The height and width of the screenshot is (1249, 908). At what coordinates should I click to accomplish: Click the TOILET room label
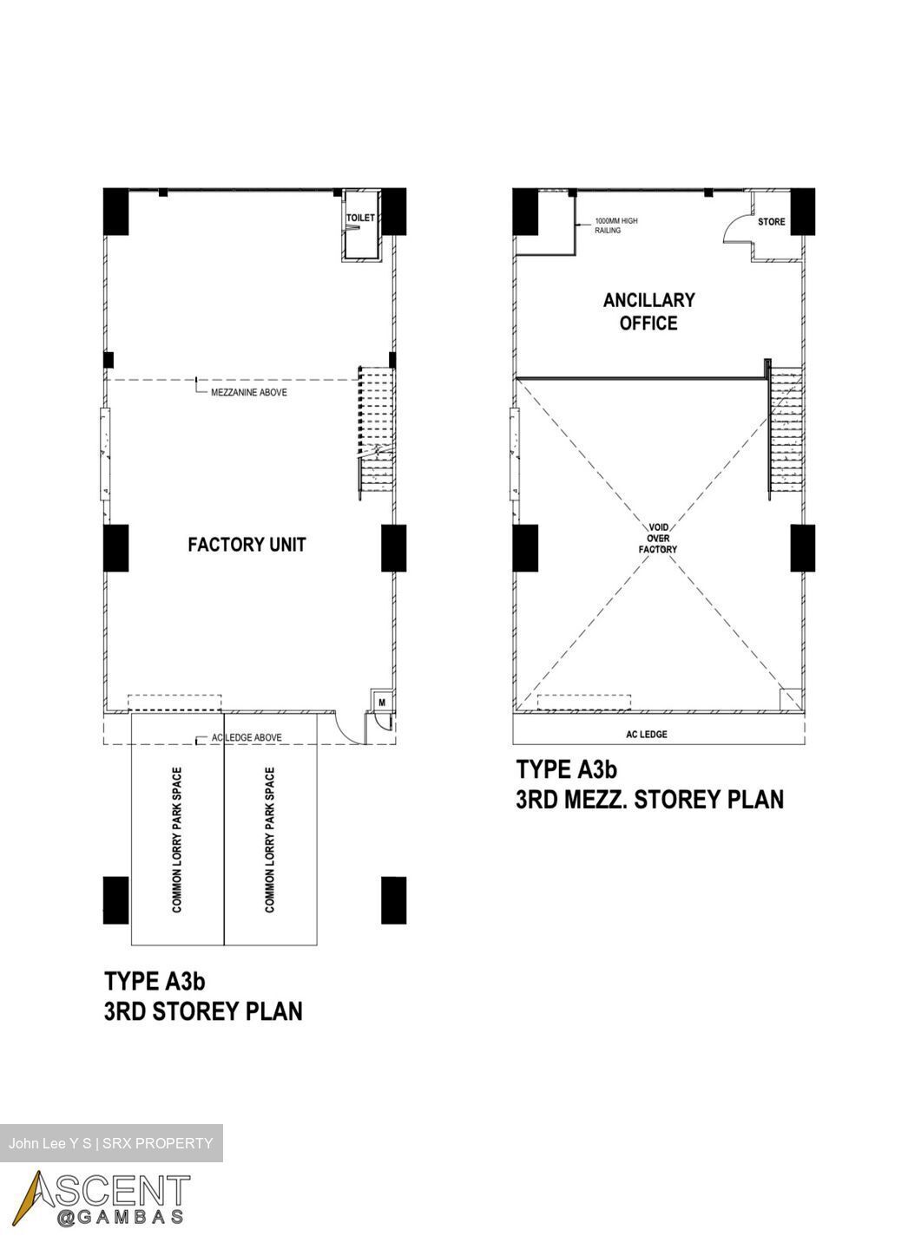tap(360, 218)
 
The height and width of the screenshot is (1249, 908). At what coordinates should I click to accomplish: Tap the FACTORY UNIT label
tap(247, 544)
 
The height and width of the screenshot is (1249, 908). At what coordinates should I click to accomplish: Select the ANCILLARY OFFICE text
tap(648, 311)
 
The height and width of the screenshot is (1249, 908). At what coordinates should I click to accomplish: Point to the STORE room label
tap(771, 221)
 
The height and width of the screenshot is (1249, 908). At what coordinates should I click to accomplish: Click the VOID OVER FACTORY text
tap(658, 538)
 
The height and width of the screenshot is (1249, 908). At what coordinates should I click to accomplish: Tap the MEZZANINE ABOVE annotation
tap(249, 392)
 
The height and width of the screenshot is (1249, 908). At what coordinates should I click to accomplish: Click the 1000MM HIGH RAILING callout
tap(615, 226)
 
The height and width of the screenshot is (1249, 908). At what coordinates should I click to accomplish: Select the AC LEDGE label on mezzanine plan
tap(646, 735)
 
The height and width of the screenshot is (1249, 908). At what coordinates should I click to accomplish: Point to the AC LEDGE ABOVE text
tap(247, 737)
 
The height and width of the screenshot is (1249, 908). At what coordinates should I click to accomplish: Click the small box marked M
tap(382, 702)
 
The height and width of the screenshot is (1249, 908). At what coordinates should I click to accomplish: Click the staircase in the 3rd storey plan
tap(376, 433)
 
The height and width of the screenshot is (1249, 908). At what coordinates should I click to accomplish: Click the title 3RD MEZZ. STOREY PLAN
tap(649, 800)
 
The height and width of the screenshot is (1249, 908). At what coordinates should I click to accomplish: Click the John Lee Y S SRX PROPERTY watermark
tap(111, 1143)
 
